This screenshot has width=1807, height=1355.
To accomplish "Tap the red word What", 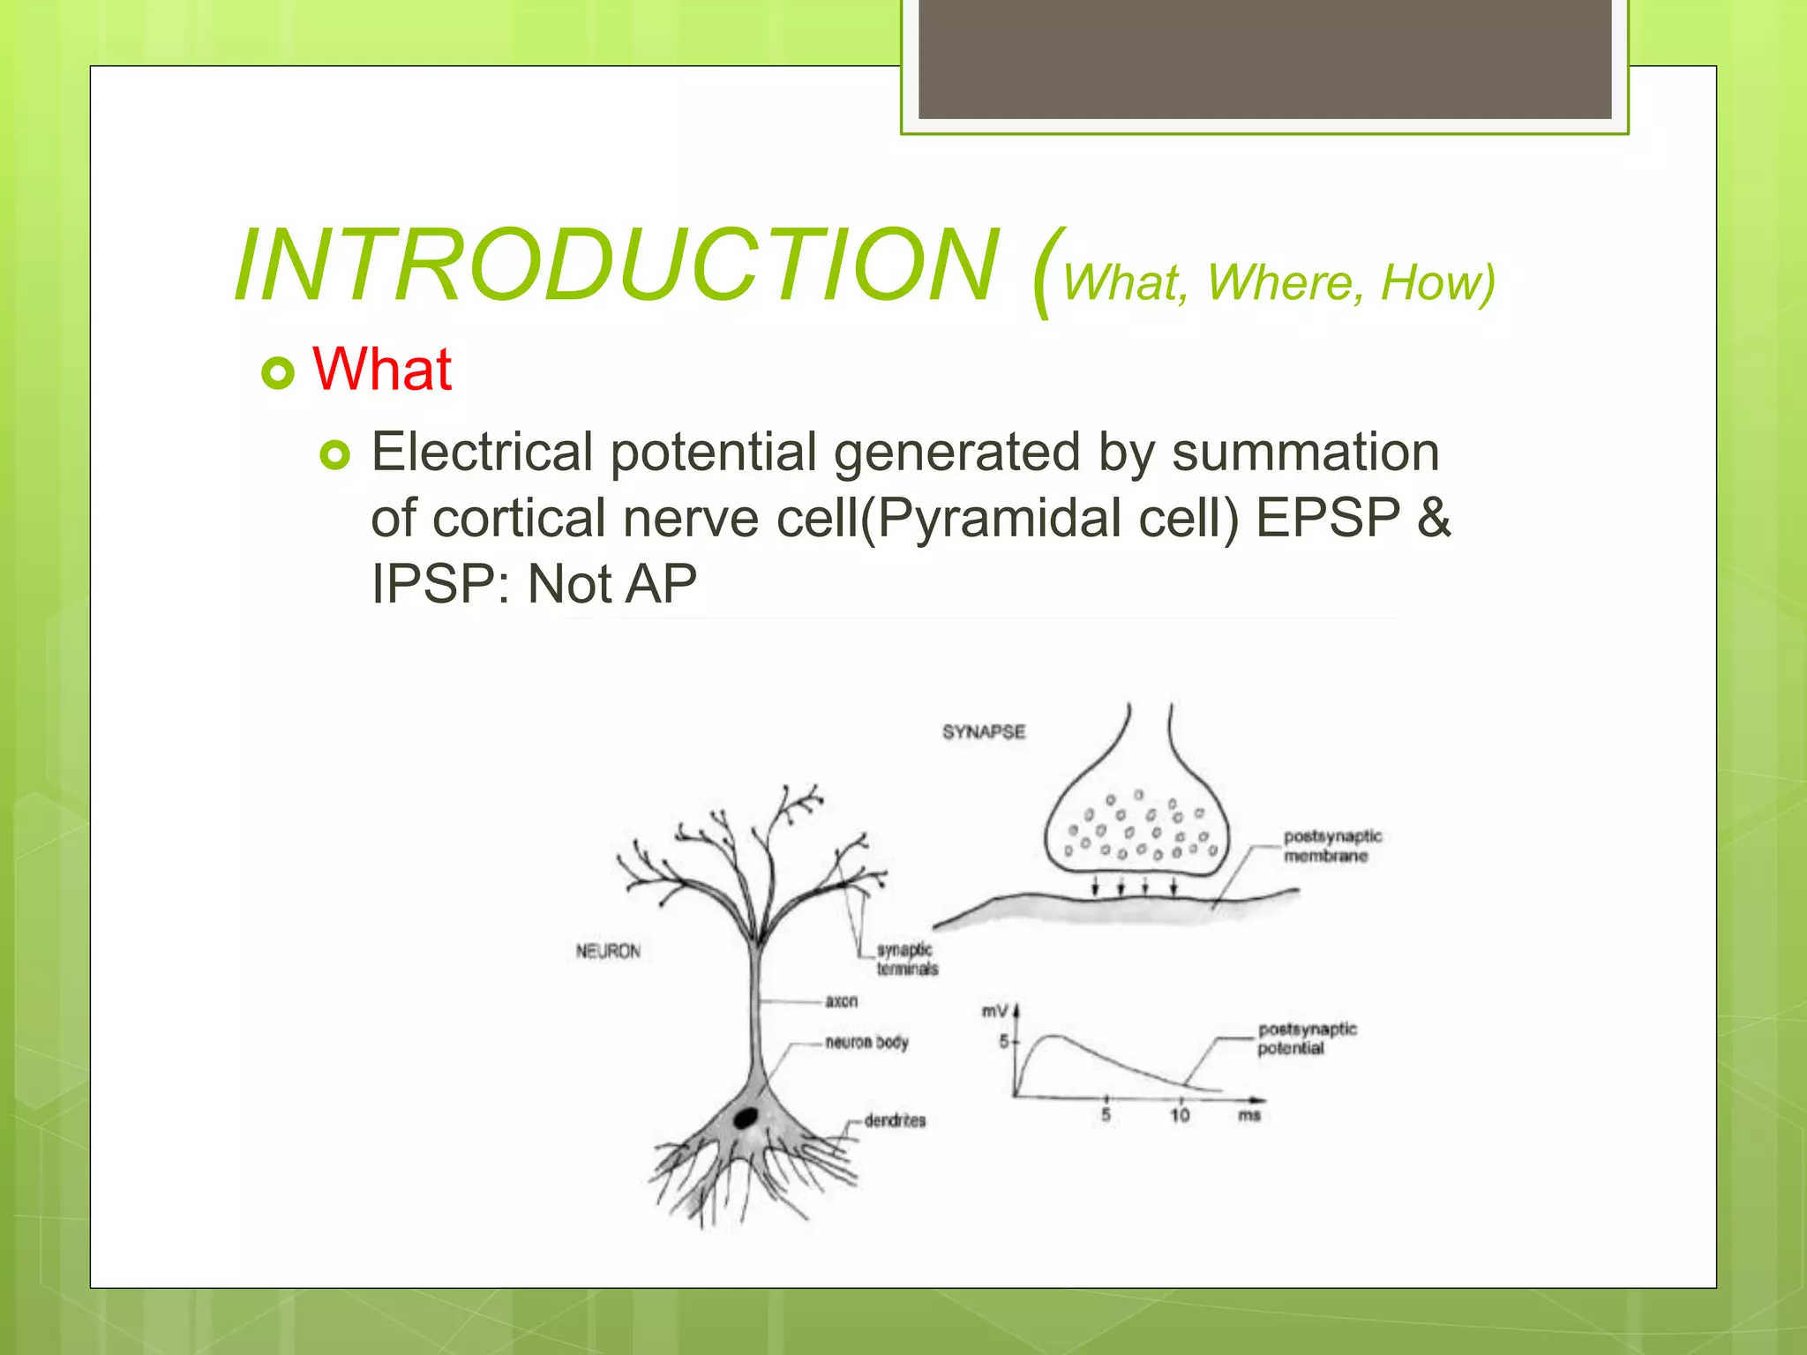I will point(382,369).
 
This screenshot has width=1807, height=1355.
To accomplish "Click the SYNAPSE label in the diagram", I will point(983,732).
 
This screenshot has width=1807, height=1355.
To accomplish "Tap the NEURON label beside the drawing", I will point(608,951).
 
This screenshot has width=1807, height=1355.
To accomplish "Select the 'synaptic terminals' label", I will point(906,959).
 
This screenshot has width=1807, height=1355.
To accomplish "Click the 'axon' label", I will point(841,1001).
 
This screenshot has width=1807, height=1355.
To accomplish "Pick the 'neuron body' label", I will point(866,1043).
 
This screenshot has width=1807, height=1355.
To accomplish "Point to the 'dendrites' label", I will point(895,1120).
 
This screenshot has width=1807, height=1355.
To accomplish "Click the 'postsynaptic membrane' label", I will point(1331,846).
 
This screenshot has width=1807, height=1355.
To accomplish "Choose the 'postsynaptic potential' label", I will point(1307,1038).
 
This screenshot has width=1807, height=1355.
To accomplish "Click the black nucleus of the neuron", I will point(746,1118).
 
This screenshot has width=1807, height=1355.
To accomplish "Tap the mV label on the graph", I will point(994,1011).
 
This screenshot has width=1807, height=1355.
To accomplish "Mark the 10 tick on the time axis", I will point(1180,1116).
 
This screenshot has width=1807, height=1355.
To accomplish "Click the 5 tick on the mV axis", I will point(1004,1042).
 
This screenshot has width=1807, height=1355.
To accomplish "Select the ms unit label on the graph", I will point(1249,1116).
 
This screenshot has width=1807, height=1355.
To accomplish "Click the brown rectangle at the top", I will point(1264,58).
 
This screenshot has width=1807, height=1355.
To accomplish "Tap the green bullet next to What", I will point(278,373).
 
